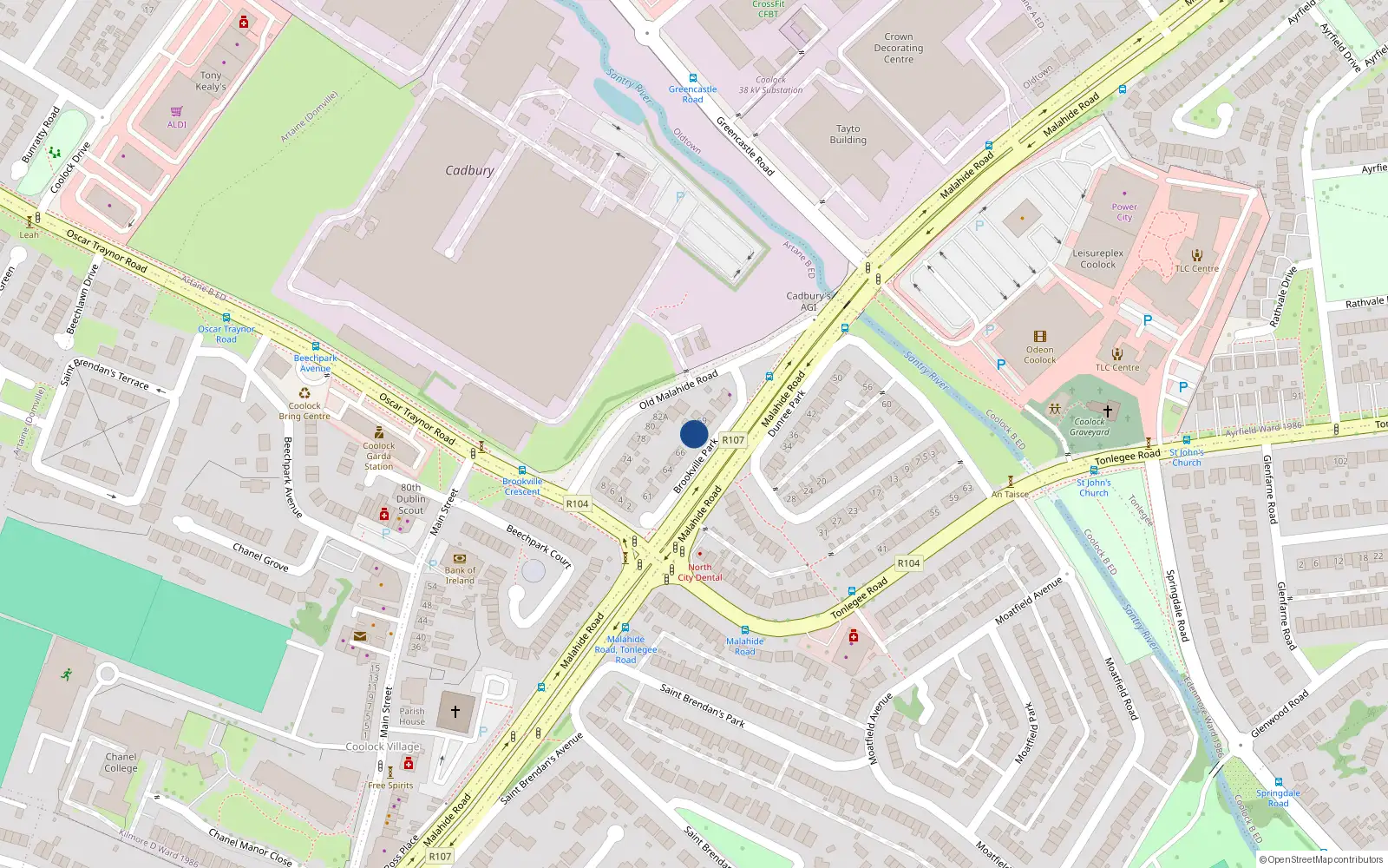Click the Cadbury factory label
(469, 170)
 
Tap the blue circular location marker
(694, 434)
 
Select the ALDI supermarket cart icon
(177, 111)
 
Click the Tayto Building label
(848, 134)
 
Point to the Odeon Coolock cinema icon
(1039, 337)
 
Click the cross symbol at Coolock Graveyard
(1107, 411)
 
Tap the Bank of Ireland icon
(460, 558)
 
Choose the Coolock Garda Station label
(378, 456)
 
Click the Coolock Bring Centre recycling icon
(304, 393)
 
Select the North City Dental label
(700, 572)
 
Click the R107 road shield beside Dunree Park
(733, 440)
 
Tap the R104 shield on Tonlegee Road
(908, 563)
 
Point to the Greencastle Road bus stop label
(692, 94)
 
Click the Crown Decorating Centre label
(898, 48)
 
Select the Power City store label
(1124, 212)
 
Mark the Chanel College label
(121, 762)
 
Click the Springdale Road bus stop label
(1278, 798)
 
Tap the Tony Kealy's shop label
(211, 81)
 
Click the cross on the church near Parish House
(455, 711)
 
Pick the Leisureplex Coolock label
(1097, 259)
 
